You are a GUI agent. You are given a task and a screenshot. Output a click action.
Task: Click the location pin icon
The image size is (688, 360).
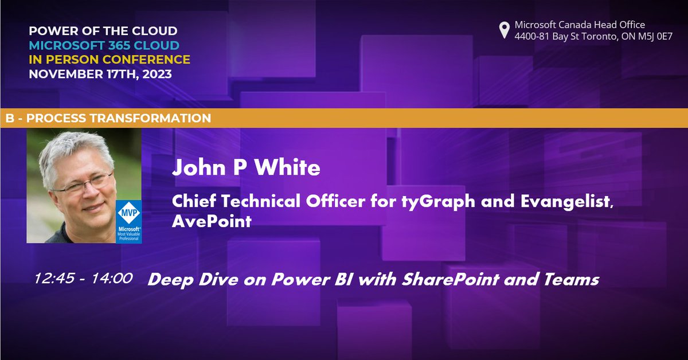tap(504, 30)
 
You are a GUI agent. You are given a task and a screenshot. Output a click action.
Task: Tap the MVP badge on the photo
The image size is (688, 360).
tap(129, 221)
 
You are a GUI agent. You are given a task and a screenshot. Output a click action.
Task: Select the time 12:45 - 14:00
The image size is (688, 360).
tap(83, 279)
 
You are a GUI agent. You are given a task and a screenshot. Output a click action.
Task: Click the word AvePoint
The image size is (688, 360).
tap(212, 221)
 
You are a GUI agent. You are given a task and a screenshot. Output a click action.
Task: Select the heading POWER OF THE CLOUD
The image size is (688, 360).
tap(103, 30)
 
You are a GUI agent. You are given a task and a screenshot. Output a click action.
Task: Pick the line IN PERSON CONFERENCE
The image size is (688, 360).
tap(110, 59)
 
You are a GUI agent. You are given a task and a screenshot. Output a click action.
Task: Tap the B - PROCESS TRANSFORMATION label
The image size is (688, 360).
tap(108, 119)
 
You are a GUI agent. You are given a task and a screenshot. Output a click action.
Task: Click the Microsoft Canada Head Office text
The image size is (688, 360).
tap(580, 25)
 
